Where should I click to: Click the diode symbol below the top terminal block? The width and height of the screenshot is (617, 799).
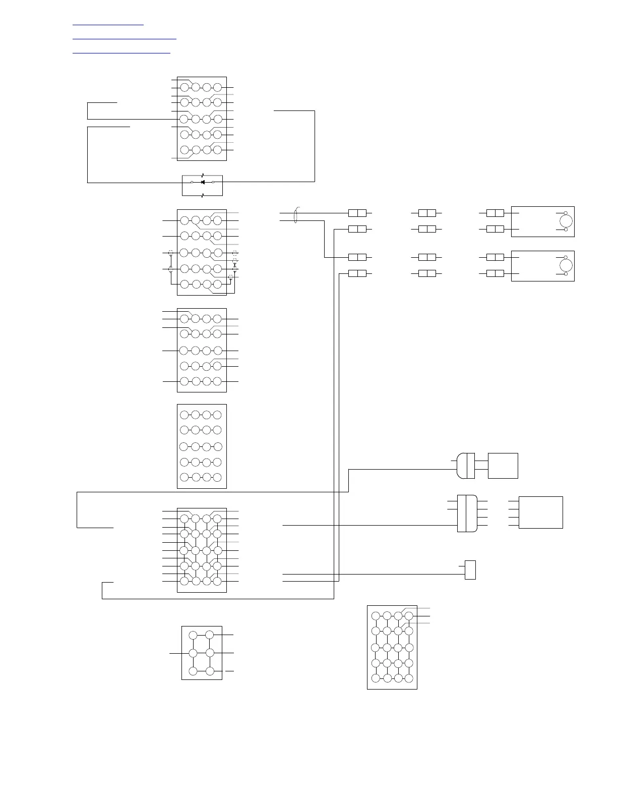pyautogui.click(x=203, y=182)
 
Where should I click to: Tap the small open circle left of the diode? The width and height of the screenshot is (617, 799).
pyautogui.click(x=192, y=182)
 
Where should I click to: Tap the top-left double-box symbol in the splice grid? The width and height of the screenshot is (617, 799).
pyautogui.click(x=357, y=213)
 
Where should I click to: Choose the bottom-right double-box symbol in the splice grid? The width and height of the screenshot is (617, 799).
pyautogui.click(x=495, y=273)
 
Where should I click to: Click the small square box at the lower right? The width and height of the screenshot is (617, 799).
pyautogui.click(x=470, y=570)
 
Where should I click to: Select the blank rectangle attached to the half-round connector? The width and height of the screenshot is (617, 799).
pyautogui.click(x=503, y=466)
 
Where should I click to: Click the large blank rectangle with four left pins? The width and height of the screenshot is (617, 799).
pyautogui.click(x=540, y=512)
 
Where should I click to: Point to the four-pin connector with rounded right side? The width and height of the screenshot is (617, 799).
pyautogui.click(x=467, y=513)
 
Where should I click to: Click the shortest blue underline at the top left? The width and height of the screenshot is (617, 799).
pyautogui.click(x=108, y=24)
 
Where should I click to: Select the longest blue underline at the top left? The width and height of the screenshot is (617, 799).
pyautogui.click(x=125, y=38)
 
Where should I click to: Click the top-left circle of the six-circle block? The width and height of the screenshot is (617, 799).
pyautogui.click(x=193, y=635)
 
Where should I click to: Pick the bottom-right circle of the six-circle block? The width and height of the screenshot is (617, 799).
pyautogui.click(x=210, y=671)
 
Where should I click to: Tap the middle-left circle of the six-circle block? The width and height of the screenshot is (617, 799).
pyautogui.click(x=193, y=653)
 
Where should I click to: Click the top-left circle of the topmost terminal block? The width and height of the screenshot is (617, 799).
pyautogui.click(x=184, y=88)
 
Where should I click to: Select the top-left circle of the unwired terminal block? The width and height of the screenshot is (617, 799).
pyautogui.click(x=184, y=415)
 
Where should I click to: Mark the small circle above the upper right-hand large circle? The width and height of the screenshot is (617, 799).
pyautogui.click(x=566, y=213)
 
